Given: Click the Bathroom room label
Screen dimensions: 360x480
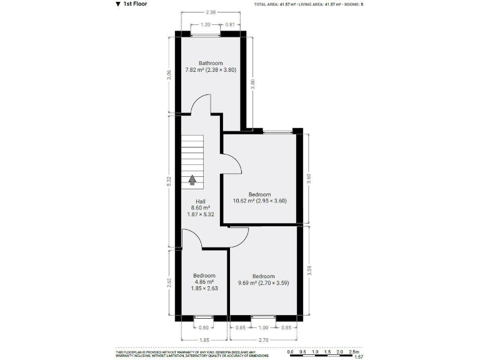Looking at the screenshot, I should tap(211, 63).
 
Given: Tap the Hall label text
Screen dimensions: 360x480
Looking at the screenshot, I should tap(201, 201).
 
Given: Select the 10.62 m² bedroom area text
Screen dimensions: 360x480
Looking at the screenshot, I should tap(259, 201).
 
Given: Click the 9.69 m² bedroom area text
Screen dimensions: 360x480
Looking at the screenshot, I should tap(263, 283).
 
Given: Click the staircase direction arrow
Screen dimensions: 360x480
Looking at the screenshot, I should tap(192, 180).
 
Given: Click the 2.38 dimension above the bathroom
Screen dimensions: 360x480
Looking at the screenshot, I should tap(211, 12).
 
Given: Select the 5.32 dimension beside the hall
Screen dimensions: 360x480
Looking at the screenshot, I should tap(168, 181).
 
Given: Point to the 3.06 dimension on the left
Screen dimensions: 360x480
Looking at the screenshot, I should tap(168, 74).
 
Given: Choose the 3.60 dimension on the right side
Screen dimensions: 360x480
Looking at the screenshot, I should tap(309, 179).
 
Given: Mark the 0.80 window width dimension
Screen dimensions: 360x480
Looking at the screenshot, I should tap(202, 327).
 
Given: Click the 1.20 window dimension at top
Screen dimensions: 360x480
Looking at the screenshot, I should tap(204, 25).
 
